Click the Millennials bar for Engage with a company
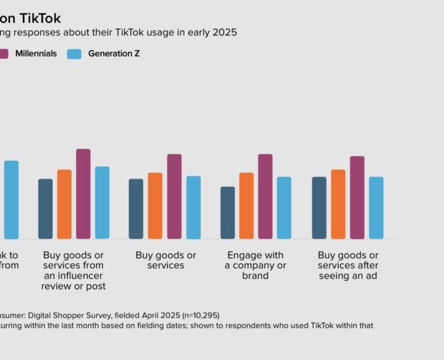pos(265,196)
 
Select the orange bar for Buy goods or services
pos(155,206)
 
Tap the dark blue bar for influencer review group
pos(46,209)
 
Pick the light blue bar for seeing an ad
pos(376,208)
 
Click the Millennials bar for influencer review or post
pos(83,194)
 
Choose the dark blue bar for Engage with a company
pos(228,212)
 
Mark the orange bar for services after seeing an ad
pos(338,204)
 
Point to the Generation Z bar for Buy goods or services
pos(193,207)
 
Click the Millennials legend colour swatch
pos(3,54)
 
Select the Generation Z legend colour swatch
pos(74,54)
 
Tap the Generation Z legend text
pos(114,54)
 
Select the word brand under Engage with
pos(256,275)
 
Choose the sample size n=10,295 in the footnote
pos(188,315)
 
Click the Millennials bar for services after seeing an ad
pos(357,197)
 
